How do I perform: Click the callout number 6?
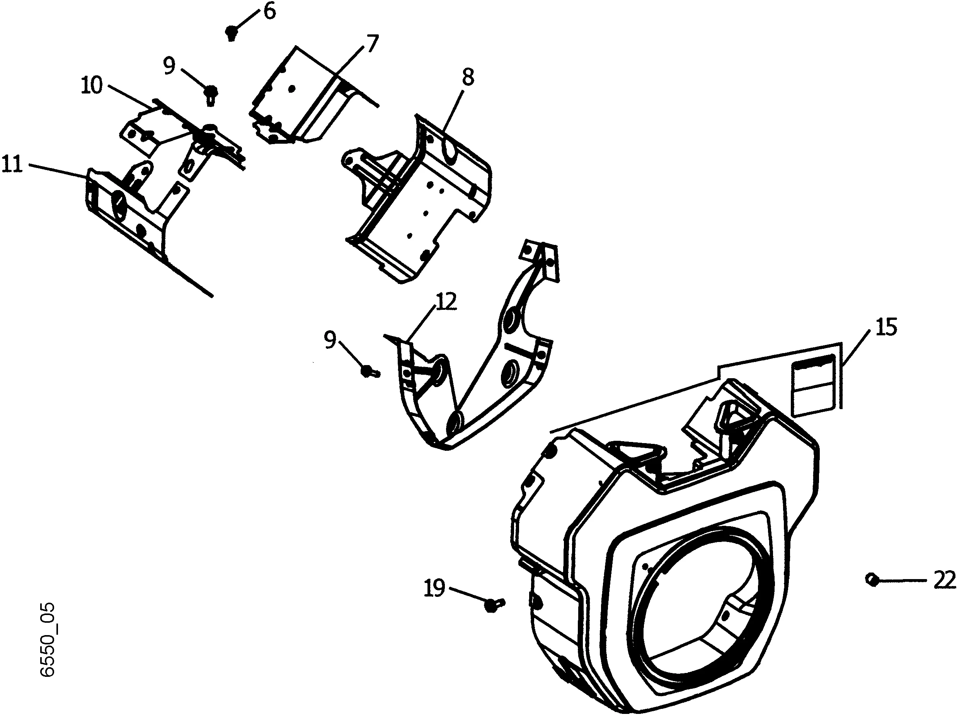coord(269,11)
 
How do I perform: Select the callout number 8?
coord(468,77)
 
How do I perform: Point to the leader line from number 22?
coord(904,581)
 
